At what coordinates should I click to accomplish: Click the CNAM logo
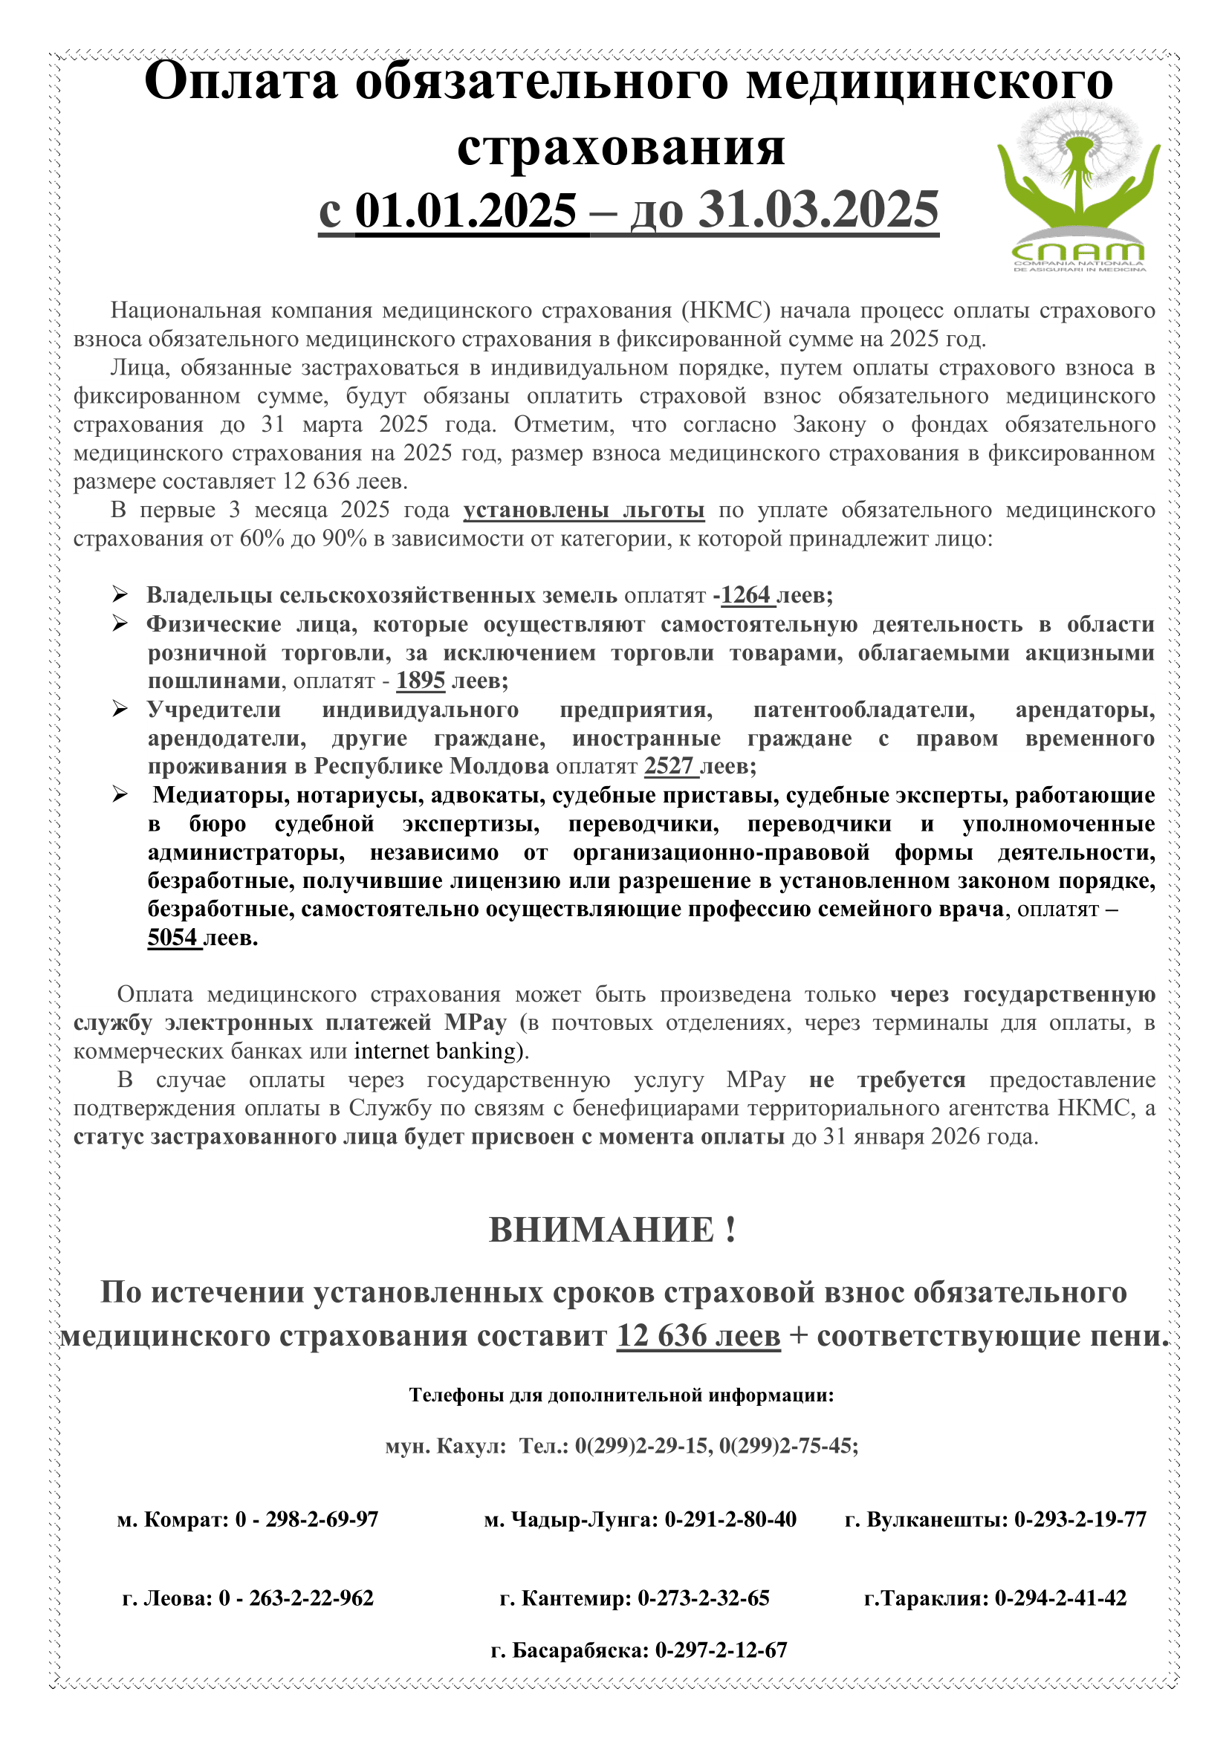tap(1078, 189)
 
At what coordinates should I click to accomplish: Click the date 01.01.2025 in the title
tap(465, 210)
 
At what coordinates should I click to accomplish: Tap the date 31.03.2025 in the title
tap(818, 210)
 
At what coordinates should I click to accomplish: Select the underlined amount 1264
tap(745, 596)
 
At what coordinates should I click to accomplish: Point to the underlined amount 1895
tap(421, 681)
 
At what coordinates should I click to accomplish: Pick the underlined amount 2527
tap(669, 766)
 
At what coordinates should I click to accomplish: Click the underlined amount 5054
tap(172, 937)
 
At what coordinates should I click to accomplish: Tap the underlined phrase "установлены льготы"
tap(583, 510)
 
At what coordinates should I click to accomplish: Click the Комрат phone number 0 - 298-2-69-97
tap(306, 1534)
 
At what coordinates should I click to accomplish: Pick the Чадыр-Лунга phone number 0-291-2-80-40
tap(730, 1534)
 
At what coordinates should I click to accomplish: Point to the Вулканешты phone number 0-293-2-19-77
tap(1080, 1534)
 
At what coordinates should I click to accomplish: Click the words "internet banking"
tap(435, 1051)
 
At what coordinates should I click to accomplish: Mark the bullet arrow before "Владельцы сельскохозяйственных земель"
tap(120, 595)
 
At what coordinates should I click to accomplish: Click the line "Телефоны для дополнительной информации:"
tap(620, 1395)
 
